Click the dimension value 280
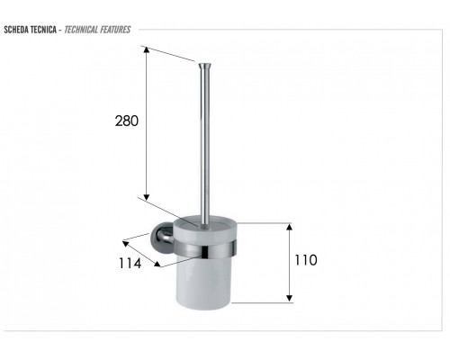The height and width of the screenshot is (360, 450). [x=127, y=121]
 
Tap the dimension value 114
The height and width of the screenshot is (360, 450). [x=130, y=264]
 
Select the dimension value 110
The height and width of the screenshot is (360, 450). [x=306, y=260]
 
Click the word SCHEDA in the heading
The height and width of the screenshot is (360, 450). [x=16, y=30]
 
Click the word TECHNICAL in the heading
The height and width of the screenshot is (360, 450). [x=81, y=30]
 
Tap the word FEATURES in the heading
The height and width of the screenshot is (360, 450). [x=115, y=30]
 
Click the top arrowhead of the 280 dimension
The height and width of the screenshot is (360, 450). [x=146, y=49]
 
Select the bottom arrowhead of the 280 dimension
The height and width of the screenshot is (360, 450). [x=146, y=197]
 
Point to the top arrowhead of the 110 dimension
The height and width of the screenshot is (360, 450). [x=289, y=227]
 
